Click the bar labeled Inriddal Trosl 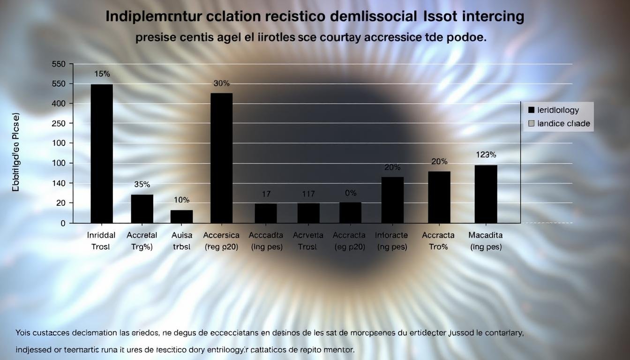click(x=102, y=153)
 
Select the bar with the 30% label click(x=222, y=157)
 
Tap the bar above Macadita click(x=486, y=194)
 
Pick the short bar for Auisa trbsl click(x=181, y=216)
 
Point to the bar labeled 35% click(x=142, y=209)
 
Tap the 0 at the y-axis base click(x=63, y=223)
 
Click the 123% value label click(x=486, y=155)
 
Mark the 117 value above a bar click(x=308, y=194)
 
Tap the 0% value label click(x=351, y=193)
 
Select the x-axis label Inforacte click(x=392, y=235)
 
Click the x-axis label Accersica click(x=221, y=235)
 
